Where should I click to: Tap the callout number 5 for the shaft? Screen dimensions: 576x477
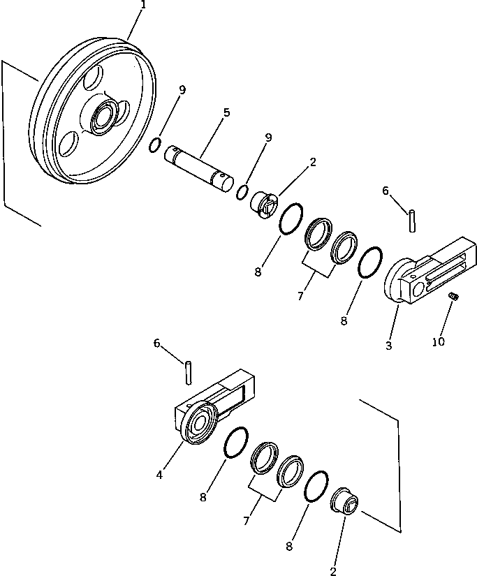226,112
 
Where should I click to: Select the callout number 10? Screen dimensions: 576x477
438,341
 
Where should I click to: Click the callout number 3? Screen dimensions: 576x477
389,345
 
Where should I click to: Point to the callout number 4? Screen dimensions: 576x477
160,475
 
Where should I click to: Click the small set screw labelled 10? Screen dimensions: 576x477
453,297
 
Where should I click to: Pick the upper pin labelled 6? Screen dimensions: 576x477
412,218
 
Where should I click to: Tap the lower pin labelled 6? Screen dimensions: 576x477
189,371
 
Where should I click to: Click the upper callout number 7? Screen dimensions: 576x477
300,295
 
